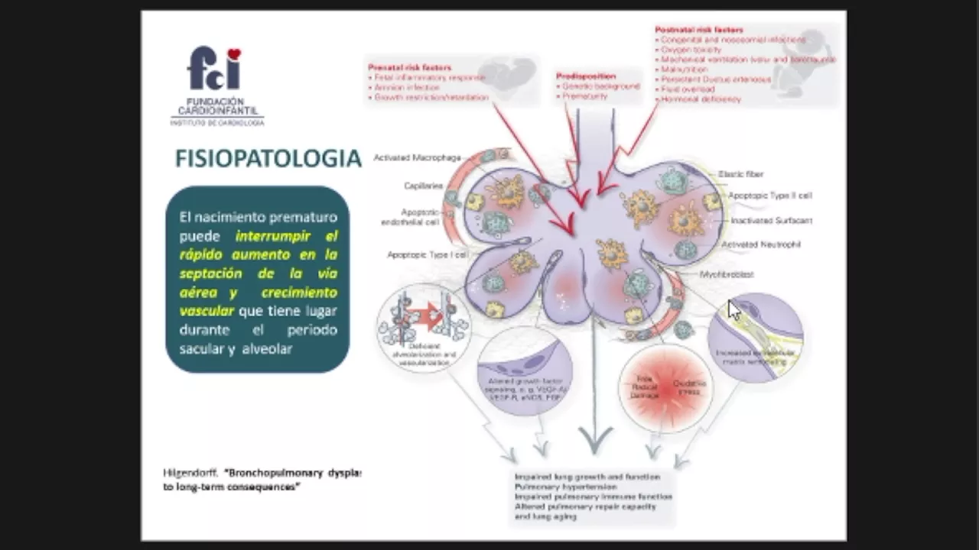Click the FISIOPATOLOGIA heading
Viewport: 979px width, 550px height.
coord(268,158)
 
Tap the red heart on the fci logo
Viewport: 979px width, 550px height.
coord(234,54)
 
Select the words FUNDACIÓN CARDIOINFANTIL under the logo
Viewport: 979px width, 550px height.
coord(216,106)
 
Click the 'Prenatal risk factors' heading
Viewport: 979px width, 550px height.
coord(409,67)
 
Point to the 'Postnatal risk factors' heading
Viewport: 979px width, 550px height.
coord(699,30)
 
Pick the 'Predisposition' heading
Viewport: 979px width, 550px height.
coord(587,76)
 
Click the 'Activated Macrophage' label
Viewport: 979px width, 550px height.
coord(417,157)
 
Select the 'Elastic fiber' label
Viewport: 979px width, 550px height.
coord(740,174)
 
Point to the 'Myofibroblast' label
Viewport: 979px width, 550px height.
coord(727,274)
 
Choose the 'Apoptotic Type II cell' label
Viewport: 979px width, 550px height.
coord(769,196)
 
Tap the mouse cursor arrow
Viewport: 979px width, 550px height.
coord(733,309)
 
